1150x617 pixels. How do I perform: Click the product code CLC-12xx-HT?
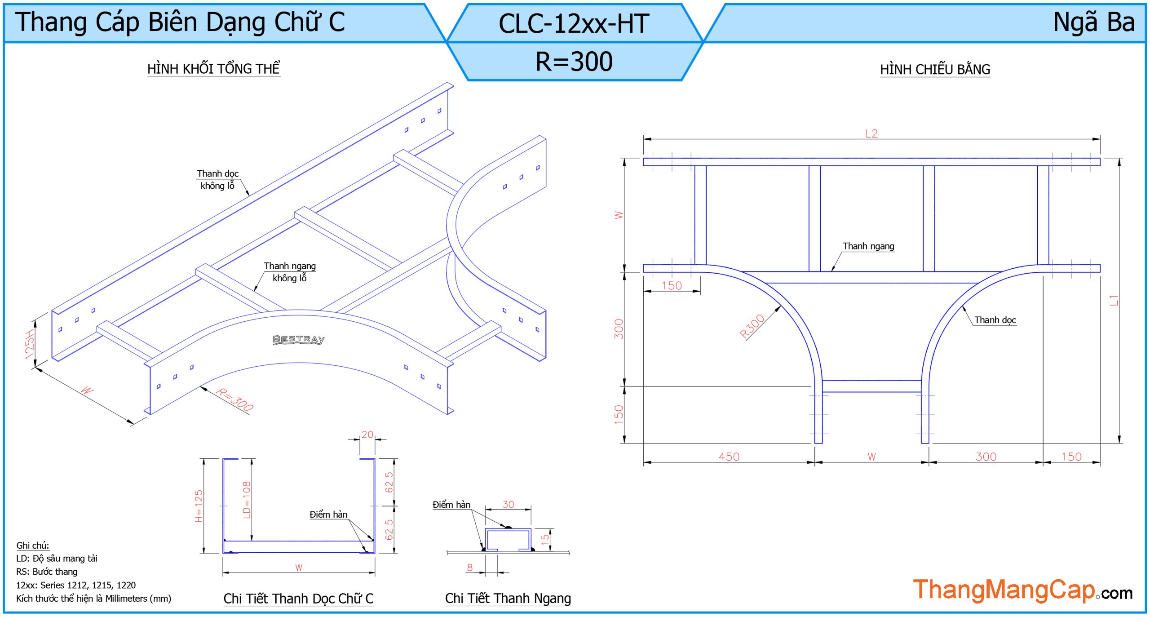pyautogui.click(x=574, y=23)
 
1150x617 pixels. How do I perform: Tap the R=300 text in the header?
pyautogui.click(x=574, y=62)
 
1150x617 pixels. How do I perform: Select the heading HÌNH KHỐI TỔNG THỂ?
pyautogui.click(x=213, y=69)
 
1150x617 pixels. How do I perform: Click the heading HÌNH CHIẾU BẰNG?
pyautogui.click(x=935, y=70)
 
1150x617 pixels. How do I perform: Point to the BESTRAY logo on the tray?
pyautogui.click(x=298, y=339)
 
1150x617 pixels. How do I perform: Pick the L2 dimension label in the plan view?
pyautogui.click(x=871, y=133)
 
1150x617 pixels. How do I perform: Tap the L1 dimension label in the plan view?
pyautogui.click(x=1113, y=300)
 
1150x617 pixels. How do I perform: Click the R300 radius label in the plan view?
pyautogui.click(x=752, y=326)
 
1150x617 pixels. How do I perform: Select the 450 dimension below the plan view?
pyautogui.click(x=729, y=457)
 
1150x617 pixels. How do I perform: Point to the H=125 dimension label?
pyautogui.click(x=199, y=506)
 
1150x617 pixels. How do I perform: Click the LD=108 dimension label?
pyautogui.click(x=247, y=500)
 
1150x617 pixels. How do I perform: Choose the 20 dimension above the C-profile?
pyautogui.click(x=367, y=435)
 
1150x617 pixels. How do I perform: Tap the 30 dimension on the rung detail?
pyautogui.click(x=508, y=504)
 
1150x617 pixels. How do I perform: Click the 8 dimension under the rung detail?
pyautogui.click(x=469, y=567)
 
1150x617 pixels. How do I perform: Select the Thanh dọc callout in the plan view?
pyautogui.click(x=995, y=320)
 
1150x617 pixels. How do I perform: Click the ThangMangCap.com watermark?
pyautogui.click(x=1022, y=590)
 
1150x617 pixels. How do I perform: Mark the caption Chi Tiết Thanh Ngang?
pyautogui.click(x=508, y=598)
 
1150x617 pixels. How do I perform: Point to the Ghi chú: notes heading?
pyautogui.click(x=33, y=545)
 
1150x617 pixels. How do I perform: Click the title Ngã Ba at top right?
pyautogui.click(x=1093, y=22)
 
